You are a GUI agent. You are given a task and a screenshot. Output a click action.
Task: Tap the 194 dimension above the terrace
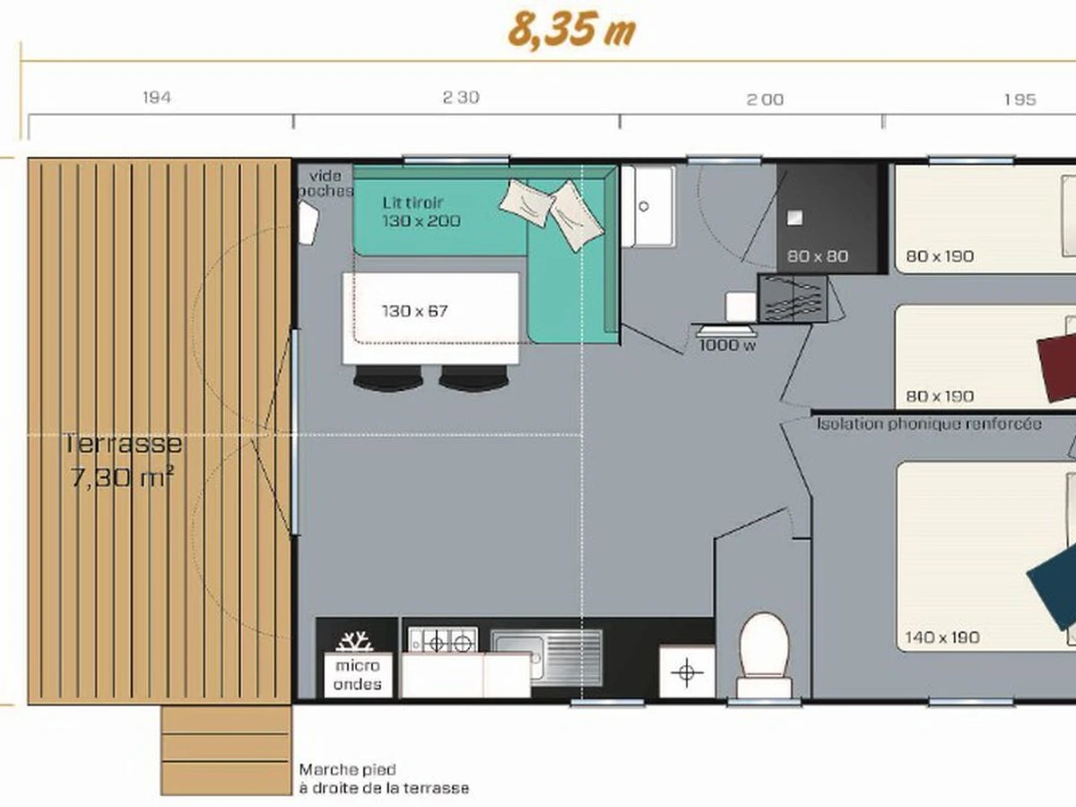pos(157,98)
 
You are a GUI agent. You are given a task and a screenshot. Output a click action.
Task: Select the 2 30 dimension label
pos(461,98)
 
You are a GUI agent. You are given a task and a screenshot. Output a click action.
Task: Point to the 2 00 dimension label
pos(765,100)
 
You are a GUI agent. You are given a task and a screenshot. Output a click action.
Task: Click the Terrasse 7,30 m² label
pos(122,461)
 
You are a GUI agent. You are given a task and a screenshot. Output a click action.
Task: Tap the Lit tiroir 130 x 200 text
pos(421,212)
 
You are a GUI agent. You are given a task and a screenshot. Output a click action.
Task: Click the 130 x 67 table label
pos(415,311)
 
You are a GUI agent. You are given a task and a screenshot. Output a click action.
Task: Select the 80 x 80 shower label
pos(817,256)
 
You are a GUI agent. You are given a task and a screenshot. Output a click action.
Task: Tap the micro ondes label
pos(358,674)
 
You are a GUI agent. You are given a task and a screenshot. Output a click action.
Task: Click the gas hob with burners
pos(443,641)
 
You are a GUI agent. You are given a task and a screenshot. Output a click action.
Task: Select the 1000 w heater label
pos(727,345)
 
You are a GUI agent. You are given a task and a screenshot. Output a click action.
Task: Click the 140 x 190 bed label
pos(942,637)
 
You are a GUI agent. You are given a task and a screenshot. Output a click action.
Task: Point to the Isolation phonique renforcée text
pos(929,424)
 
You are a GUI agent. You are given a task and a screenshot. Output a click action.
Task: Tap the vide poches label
pos(325,183)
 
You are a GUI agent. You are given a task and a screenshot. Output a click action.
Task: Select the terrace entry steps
pos(226,751)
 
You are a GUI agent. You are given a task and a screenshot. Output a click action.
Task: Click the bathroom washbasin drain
pos(644,206)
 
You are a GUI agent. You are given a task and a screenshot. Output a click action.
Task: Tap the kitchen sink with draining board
pos(547,657)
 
